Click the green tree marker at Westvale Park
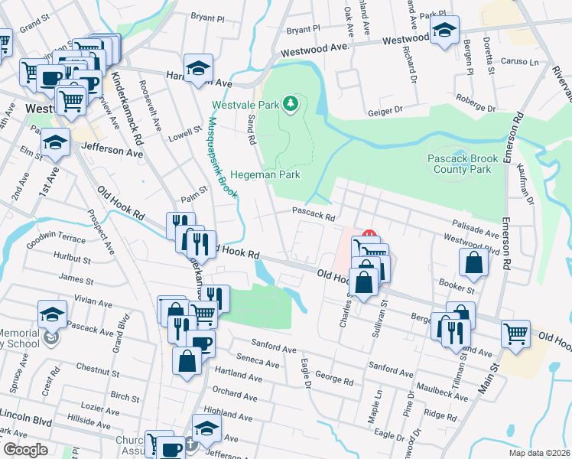290,103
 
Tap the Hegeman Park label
264,174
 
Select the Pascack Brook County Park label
463,164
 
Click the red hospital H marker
369,236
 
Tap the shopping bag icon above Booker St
474,262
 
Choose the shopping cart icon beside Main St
516,333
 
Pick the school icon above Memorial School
52,313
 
